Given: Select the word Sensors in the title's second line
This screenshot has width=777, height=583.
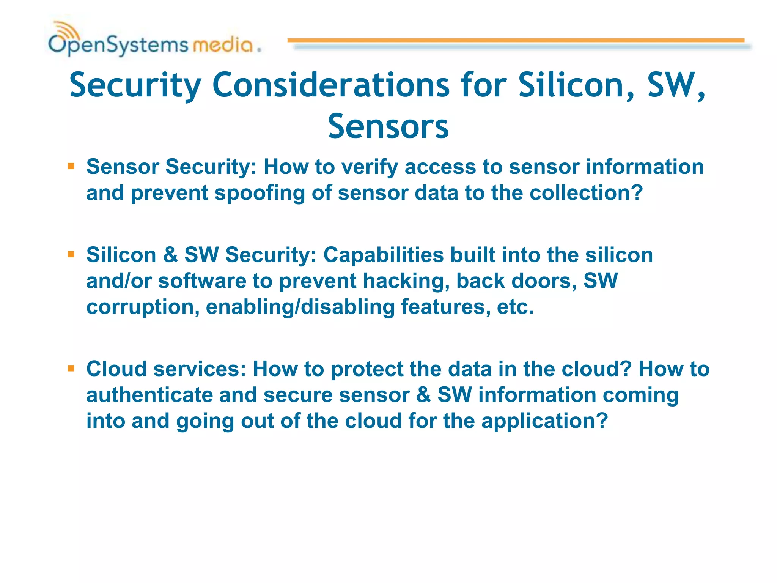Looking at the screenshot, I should coord(388,127).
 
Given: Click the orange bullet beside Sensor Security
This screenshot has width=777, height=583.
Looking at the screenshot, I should coord(71,166).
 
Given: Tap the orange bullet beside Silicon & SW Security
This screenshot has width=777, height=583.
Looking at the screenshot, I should coord(71,254).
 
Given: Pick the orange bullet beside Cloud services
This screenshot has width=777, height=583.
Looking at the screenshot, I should coord(71,369).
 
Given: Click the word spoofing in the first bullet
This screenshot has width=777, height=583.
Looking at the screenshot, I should coord(260,193).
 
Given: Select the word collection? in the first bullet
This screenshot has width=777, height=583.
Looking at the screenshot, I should coord(586,193).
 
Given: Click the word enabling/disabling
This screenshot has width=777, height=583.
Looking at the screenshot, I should coord(300,307).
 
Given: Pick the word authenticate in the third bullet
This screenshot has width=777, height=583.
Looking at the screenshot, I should coord(149,395).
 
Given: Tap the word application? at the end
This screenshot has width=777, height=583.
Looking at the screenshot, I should coord(544,421).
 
